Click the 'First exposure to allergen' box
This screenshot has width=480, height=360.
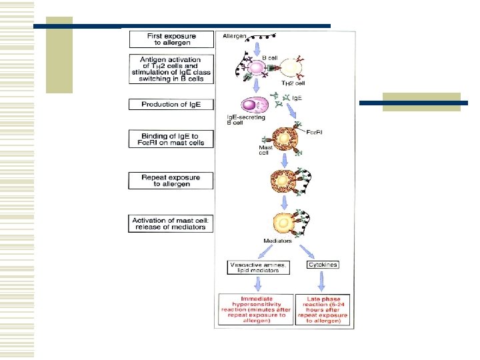[171, 39]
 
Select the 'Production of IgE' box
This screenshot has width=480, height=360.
[171, 105]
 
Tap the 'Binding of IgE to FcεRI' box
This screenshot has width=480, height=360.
[171, 139]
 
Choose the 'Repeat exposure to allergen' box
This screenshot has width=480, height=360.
[171, 181]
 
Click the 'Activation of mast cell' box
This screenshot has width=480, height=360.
[171, 223]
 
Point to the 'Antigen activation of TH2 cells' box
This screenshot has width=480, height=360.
[171, 69]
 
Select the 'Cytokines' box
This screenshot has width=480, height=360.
[323, 265]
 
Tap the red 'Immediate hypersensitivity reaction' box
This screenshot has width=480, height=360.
[256, 310]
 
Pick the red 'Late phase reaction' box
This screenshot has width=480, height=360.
[323, 310]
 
